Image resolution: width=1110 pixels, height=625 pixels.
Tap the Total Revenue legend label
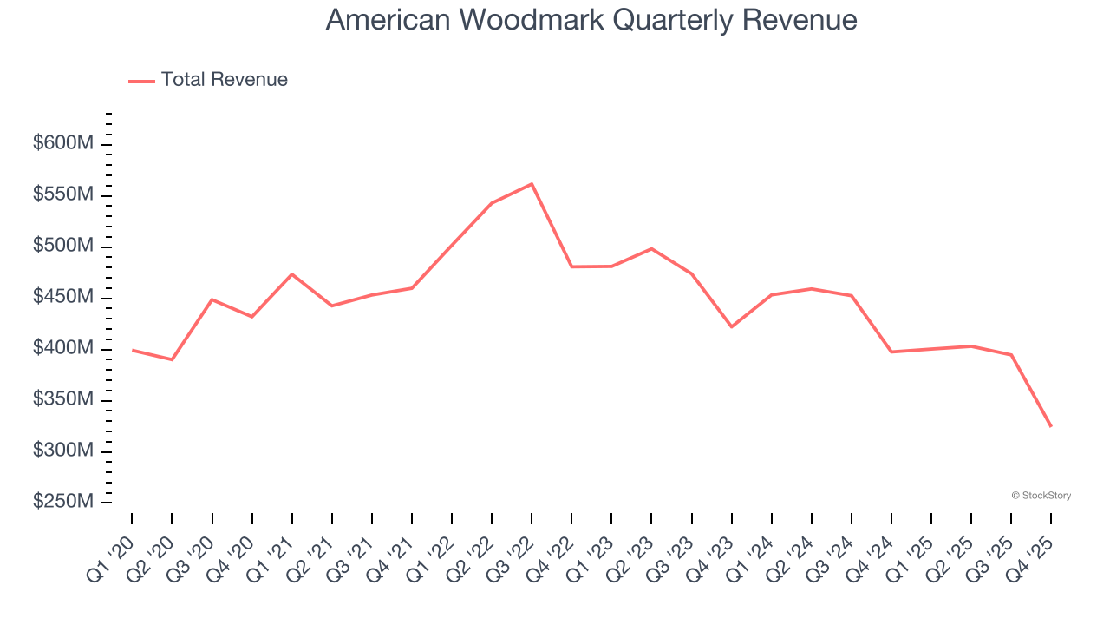[224, 80]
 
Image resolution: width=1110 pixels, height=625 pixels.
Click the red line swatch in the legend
[141, 81]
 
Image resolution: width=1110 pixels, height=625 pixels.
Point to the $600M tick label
[62, 143]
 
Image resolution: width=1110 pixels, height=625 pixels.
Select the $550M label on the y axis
[62, 194]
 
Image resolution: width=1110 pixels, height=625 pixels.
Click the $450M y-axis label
[62, 297]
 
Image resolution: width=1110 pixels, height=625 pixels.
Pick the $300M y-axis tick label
[62, 451]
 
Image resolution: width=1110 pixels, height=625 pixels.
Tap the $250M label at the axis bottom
[62, 502]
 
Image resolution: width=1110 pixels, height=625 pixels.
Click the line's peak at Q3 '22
[532, 184]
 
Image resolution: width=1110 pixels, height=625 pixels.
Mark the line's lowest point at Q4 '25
[1051, 426]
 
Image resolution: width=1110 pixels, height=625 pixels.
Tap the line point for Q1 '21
[292, 274]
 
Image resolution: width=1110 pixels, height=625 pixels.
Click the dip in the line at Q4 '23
[731, 326]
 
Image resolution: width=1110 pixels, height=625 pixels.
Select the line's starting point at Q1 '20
[132, 350]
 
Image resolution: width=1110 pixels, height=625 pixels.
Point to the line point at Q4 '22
[571, 266]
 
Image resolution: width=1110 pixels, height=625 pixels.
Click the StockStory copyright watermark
[1041, 496]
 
